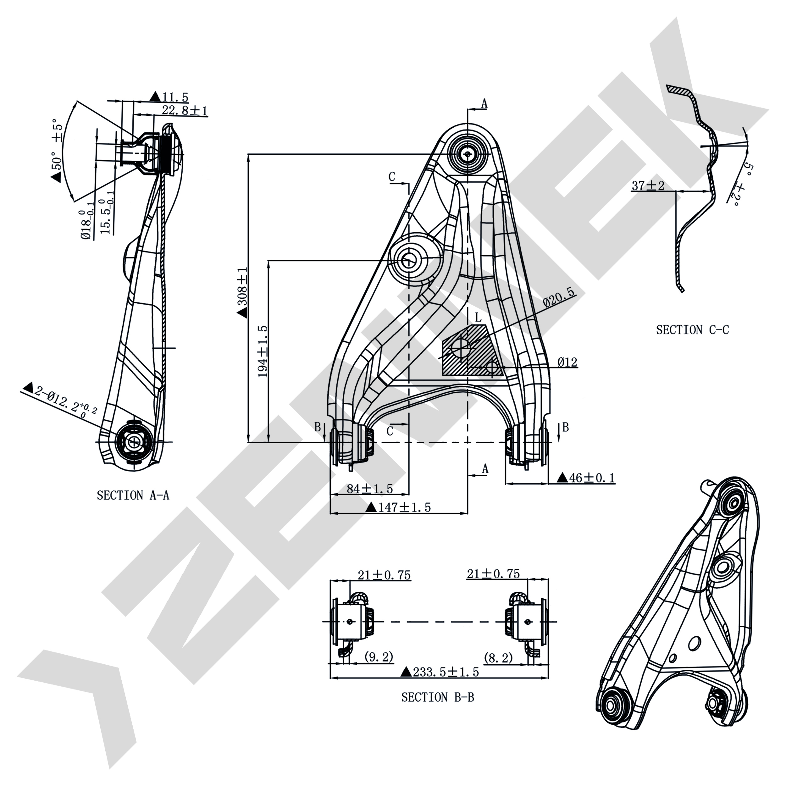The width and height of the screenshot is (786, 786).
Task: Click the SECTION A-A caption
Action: pyautogui.click(x=133, y=495)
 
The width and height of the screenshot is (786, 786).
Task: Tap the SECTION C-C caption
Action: pyautogui.click(x=692, y=329)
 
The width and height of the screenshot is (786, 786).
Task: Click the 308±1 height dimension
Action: pyautogui.click(x=242, y=292)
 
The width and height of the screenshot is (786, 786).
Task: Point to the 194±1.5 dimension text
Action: pyautogui.click(x=263, y=351)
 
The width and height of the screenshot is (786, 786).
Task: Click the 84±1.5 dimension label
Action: pyautogui.click(x=370, y=489)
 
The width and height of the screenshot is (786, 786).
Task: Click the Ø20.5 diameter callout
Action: pyautogui.click(x=559, y=297)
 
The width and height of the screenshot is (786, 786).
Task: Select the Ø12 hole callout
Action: pyautogui.click(x=567, y=362)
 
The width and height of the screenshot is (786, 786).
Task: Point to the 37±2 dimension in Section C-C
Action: pyautogui.click(x=648, y=185)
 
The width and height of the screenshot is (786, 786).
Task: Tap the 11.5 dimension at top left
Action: pyautogui.click(x=170, y=97)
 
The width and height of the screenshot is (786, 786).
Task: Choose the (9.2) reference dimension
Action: pyautogui.click(x=379, y=657)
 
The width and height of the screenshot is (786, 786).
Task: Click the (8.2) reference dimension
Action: pyautogui.click(x=498, y=657)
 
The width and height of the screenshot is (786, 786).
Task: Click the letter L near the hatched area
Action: pyautogui.click(x=479, y=317)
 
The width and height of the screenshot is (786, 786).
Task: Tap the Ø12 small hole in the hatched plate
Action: pyautogui.click(x=492, y=367)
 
